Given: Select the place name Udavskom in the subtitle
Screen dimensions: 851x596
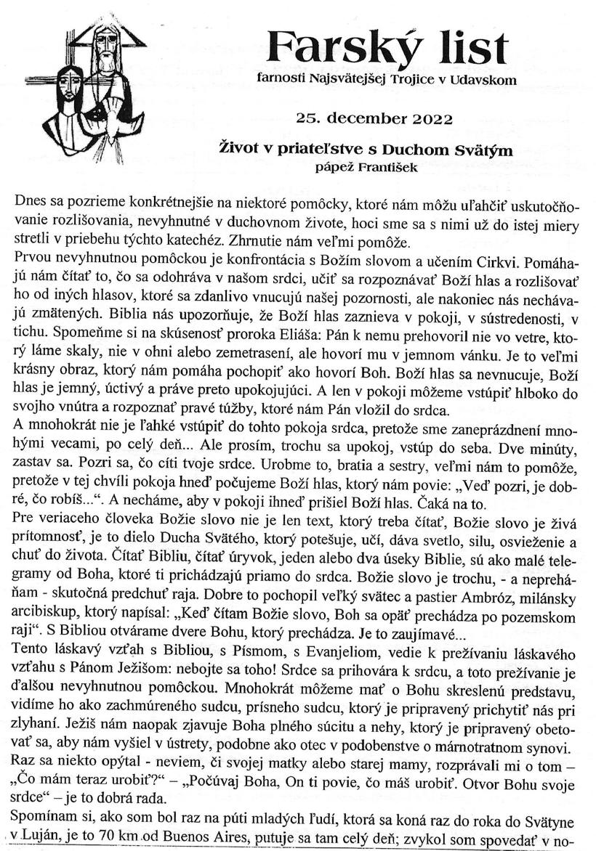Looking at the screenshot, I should point(486,80).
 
